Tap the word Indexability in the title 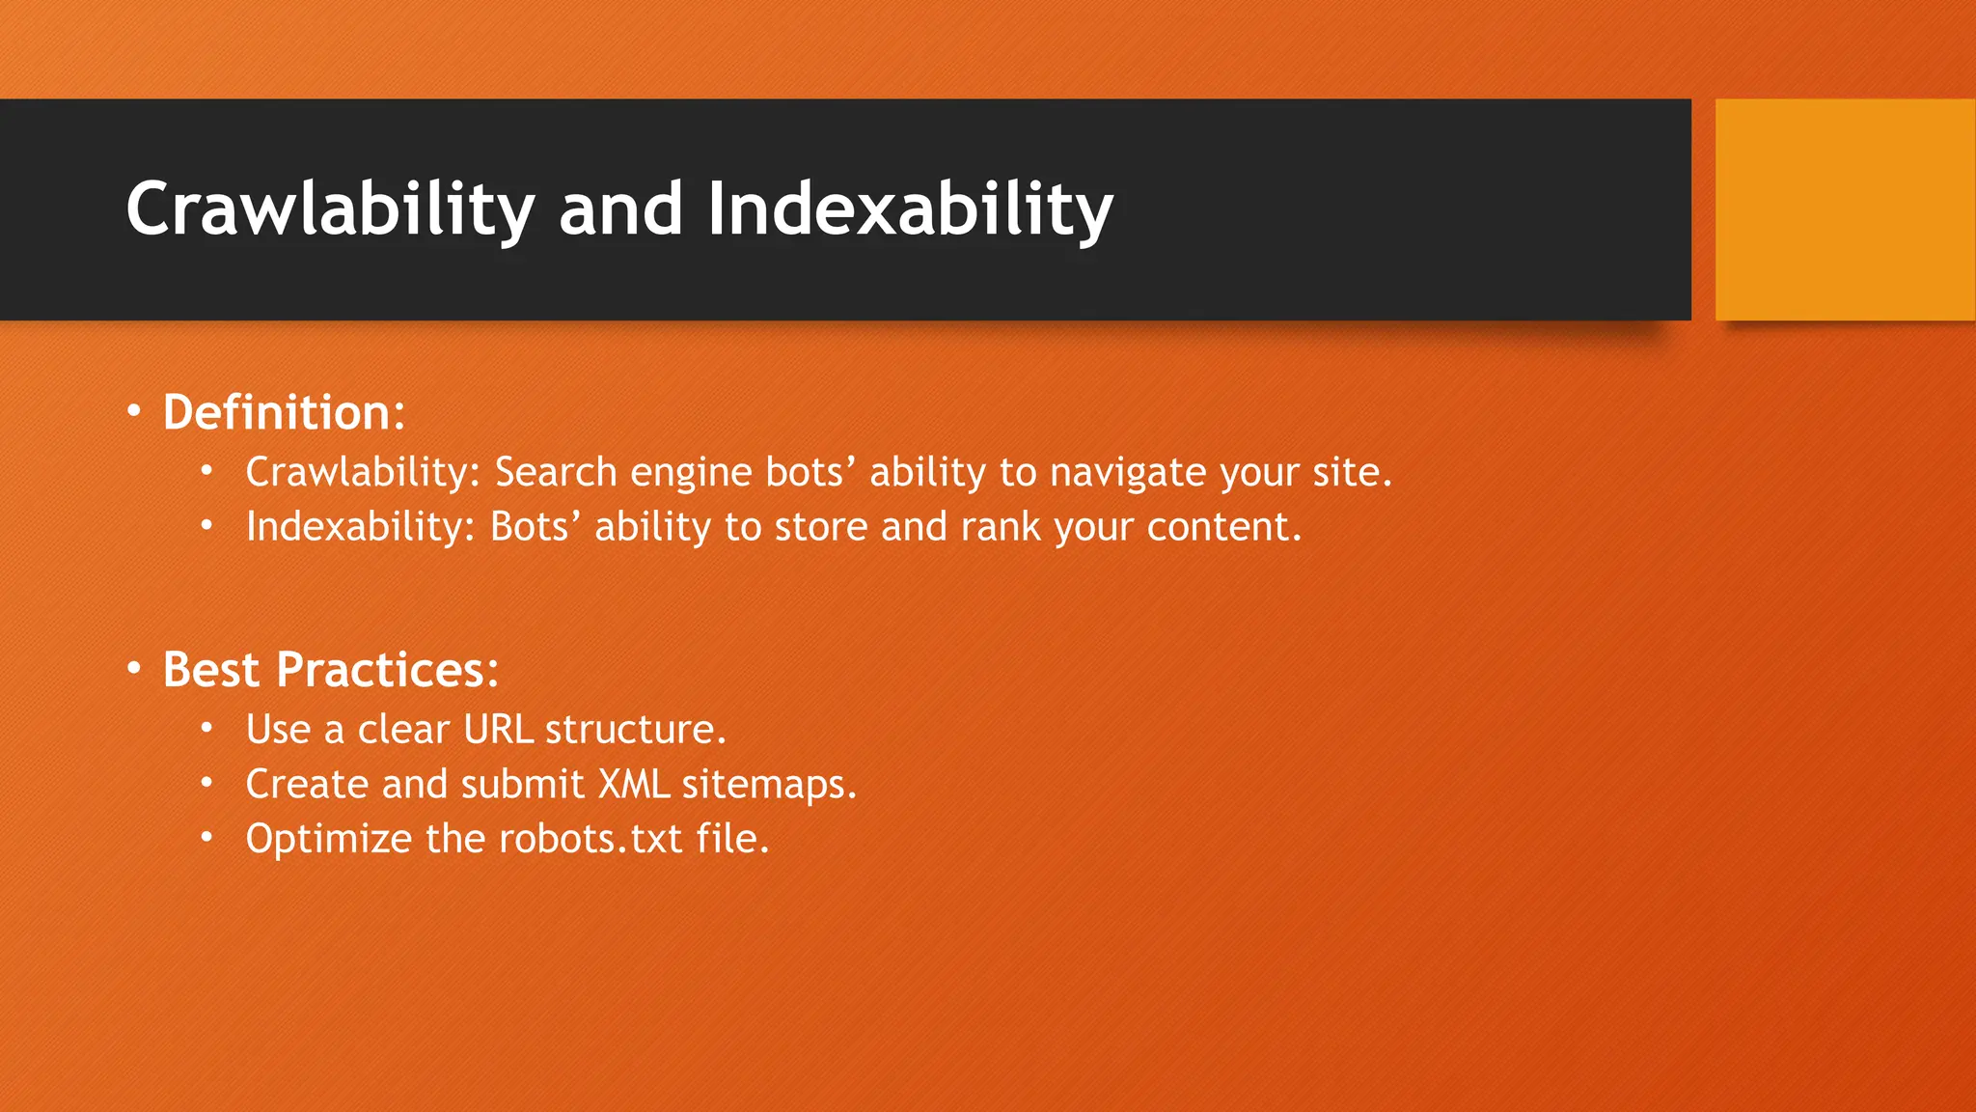pyautogui.click(x=910, y=209)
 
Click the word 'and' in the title pyautogui.click(x=620, y=209)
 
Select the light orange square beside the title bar pyautogui.click(x=1845, y=209)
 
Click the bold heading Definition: pyautogui.click(x=284, y=413)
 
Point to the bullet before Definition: pyautogui.click(x=134, y=412)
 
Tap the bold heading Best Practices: pyautogui.click(x=331, y=670)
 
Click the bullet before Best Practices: pyautogui.click(x=134, y=669)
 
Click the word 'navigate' pyautogui.click(x=1127, y=473)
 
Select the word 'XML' pyautogui.click(x=633, y=784)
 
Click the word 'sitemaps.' pyautogui.click(x=769, y=784)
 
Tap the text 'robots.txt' pyautogui.click(x=590, y=839)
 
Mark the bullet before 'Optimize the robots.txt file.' pyautogui.click(x=206, y=838)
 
